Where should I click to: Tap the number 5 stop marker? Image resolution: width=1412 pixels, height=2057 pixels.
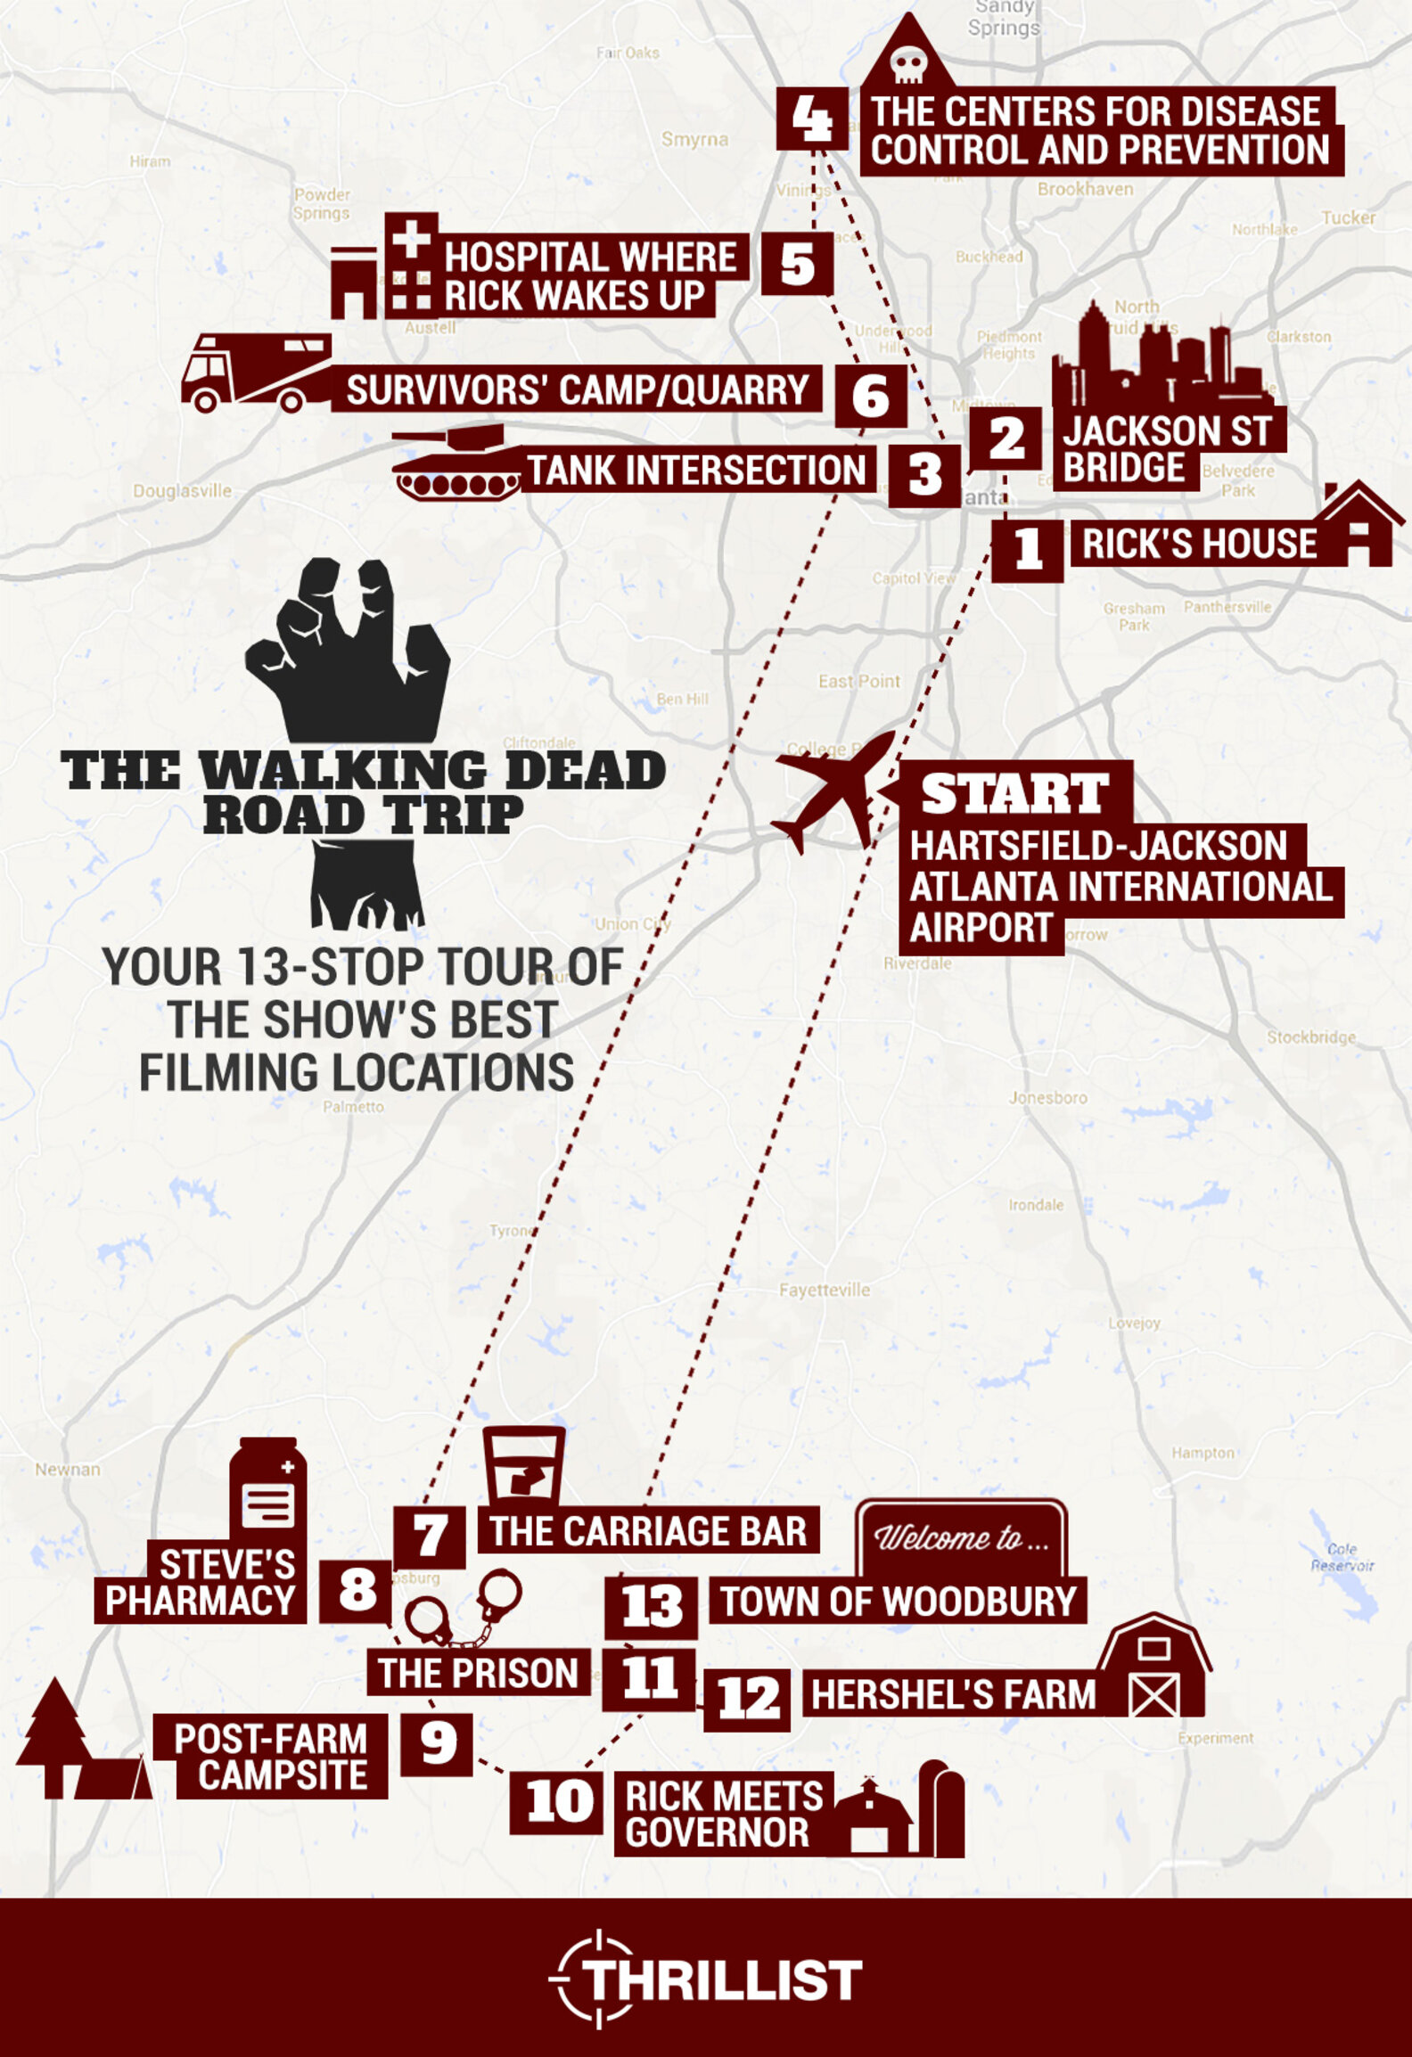click(x=797, y=264)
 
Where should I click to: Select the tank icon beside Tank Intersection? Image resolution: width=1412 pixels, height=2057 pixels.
click(x=456, y=464)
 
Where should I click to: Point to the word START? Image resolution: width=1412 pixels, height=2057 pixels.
click(x=1014, y=793)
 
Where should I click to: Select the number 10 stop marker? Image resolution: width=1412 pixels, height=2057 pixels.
click(x=559, y=1800)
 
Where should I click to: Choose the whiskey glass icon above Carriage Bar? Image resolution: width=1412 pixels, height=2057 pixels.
click(x=523, y=1465)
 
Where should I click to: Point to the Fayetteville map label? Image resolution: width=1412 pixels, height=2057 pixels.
click(x=824, y=1290)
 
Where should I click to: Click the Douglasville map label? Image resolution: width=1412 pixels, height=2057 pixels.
click(x=182, y=491)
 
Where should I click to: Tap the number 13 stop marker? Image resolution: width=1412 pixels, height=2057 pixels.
click(x=652, y=1606)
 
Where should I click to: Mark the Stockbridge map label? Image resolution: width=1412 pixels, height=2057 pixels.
click(x=1310, y=1037)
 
